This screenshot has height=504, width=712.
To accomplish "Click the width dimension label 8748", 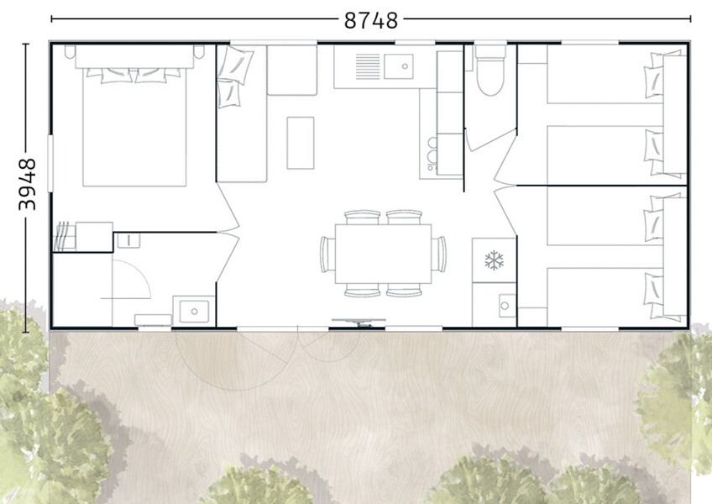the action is click(370, 20).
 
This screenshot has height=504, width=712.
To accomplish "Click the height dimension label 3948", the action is click(27, 184).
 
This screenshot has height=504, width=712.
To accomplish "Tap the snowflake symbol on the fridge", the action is click(494, 260).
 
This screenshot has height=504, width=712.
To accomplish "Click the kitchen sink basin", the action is click(399, 66).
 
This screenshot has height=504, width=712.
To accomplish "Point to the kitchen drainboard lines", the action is click(368, 67).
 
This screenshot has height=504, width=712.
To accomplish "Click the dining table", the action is click(383, 254).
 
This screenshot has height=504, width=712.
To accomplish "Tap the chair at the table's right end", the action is click(440, 254).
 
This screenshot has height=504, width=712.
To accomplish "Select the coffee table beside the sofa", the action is click(301, 143).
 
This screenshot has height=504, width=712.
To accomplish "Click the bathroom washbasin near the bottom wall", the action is click(194, 311).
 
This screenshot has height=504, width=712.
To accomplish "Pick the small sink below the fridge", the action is click(505, 306).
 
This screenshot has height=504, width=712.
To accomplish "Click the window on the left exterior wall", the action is click(50, 163).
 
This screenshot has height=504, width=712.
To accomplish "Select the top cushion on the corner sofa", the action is click(236, 63).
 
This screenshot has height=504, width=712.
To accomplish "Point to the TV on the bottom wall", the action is click(359, 323).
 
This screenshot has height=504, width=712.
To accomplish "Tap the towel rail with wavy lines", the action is click(64, 236).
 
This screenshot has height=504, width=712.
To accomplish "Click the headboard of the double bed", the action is click(134, 56).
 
